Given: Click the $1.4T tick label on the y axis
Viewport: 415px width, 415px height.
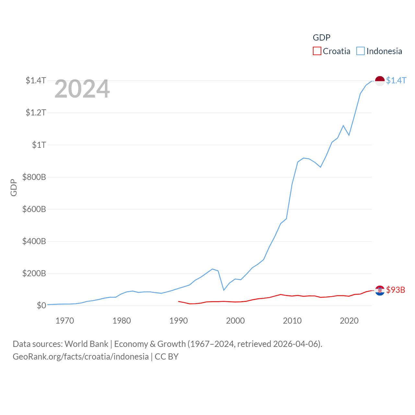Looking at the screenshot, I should pos(36,80).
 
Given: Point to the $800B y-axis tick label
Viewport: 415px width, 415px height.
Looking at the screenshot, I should pos(34,177).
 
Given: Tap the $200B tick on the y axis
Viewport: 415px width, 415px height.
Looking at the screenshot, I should pos(34,273).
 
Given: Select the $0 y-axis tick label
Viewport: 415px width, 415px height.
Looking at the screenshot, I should pos(41,305).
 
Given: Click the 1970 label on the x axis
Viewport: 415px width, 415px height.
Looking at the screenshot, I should pos(65,321).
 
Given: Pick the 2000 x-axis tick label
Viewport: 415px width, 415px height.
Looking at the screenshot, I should pos(235,321).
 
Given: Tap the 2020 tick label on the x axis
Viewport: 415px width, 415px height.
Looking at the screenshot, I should pos(349,321).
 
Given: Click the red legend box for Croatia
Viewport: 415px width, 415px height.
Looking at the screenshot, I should pos(317,51).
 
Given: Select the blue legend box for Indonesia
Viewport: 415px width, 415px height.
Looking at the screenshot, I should pos(360,51).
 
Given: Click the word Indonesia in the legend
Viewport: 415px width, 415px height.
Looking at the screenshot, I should pos(384,51).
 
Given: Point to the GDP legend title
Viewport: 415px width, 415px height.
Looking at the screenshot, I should pos(321,38).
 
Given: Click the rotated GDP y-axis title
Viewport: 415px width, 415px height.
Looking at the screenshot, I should pos(14,187).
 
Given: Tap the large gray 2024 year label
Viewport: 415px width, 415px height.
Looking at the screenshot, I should pos(82,89).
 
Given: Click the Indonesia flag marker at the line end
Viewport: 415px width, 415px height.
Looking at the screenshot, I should pos(380,81).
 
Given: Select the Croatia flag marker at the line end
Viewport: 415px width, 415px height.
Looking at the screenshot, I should pos(380,290).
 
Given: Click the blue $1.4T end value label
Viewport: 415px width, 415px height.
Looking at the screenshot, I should pos(396,81).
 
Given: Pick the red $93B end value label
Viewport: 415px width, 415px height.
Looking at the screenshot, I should pos(396,290).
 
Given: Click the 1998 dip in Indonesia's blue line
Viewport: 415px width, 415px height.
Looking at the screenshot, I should pos(224,290).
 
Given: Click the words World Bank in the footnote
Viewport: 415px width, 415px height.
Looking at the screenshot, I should pos(86,344).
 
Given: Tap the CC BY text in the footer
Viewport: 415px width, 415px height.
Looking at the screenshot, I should pos(167,357).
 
